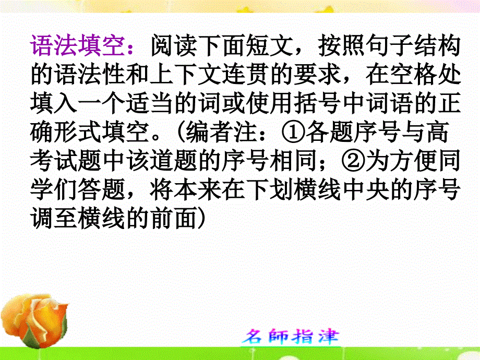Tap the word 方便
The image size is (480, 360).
click(x=410, y=163)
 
